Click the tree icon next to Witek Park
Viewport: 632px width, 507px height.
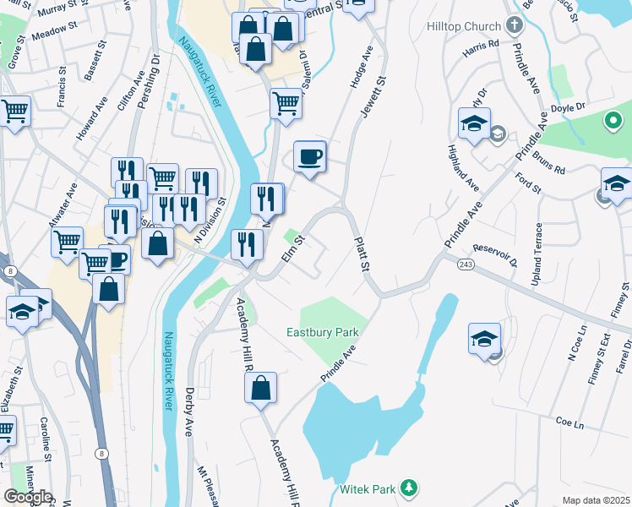tap(409, 488)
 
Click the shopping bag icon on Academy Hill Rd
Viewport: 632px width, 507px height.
tap(262, 388)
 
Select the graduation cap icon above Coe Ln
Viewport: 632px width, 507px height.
tap(484, 340)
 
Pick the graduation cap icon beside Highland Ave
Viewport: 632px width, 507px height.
tap(474, 124)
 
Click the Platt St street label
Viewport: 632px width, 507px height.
tap(362, 253)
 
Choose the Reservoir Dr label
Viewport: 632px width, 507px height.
tap(497, 254)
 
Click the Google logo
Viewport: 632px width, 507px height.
tap(28, 497)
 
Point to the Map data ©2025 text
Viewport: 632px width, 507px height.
tap(597, 500)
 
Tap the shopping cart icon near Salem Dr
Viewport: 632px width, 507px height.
tap(286, 105)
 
